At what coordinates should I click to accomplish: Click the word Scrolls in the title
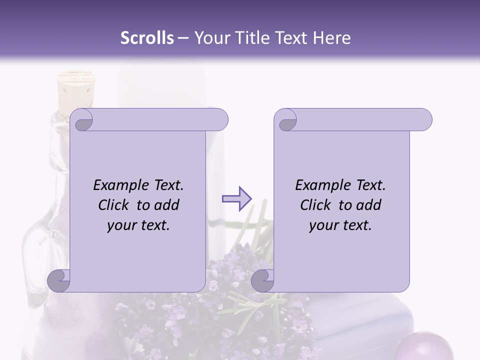point(147,37)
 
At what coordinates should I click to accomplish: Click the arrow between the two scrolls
point(236,199)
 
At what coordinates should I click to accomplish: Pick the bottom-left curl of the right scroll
point(262,280)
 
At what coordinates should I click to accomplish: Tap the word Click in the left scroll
point(113,205)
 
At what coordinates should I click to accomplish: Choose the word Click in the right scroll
point(315,205)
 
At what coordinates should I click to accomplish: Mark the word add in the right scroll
point(368,205)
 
